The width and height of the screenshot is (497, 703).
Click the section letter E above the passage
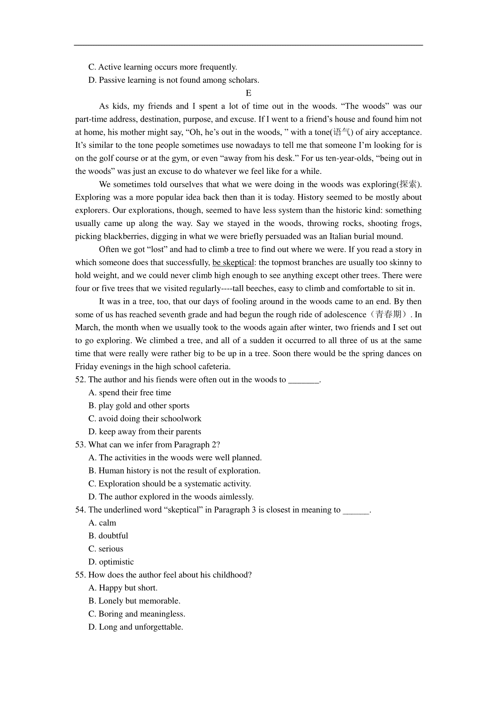click(x=248, y=93)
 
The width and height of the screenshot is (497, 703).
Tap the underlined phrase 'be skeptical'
click(x=233, y=262)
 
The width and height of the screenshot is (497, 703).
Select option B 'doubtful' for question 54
click(x=109, y=536)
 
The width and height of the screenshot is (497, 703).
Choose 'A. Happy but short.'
click(x=123, y=588)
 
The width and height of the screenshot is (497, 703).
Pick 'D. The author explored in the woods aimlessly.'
click(x=171, y=497)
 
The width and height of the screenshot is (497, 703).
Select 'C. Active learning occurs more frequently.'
click(x=163, y=67)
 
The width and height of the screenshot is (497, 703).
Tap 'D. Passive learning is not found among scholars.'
click(x=174, y=80)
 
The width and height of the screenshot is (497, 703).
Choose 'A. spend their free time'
click(x=130, y=393)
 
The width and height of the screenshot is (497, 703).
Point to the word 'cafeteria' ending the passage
click(x=212, y=367)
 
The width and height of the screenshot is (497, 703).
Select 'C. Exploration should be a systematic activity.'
click(x=170, y=484)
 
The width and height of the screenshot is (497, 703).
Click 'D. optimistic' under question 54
click(x=111, y=562)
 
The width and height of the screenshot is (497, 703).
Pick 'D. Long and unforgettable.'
click(x=135, y=627)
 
